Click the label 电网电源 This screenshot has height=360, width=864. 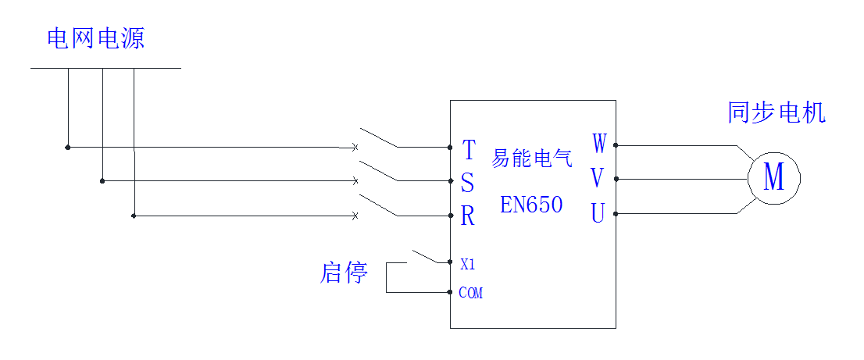[x=95, y=38]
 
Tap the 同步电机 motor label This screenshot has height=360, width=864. [x=776, y=113]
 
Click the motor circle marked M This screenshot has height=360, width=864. [x=773, y=178]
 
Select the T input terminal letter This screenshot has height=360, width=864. [x=469, y=148]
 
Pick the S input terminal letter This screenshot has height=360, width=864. [x=467, y=183]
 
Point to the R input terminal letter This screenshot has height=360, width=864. [x=468, y=216]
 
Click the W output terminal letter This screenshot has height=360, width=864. [x=598, y=144]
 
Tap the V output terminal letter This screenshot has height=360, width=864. [x=598, y=179]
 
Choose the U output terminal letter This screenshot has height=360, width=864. [x=598, y=213]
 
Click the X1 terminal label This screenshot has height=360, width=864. [x=467, y=265]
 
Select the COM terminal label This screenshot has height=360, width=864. [x=470, y=293]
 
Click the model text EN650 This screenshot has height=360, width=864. [x=531, y=205]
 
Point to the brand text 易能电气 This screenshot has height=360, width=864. [x=531, y=159]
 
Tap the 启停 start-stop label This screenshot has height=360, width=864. [x=344, y=273]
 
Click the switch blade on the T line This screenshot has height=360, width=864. [x=379, y=137]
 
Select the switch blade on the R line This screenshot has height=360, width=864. [x=379, y=205]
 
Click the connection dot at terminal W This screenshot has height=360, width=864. [x=616, y=145]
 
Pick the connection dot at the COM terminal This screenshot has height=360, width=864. [x=450, y=292]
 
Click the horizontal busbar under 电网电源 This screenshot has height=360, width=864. [x=105, y=68]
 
